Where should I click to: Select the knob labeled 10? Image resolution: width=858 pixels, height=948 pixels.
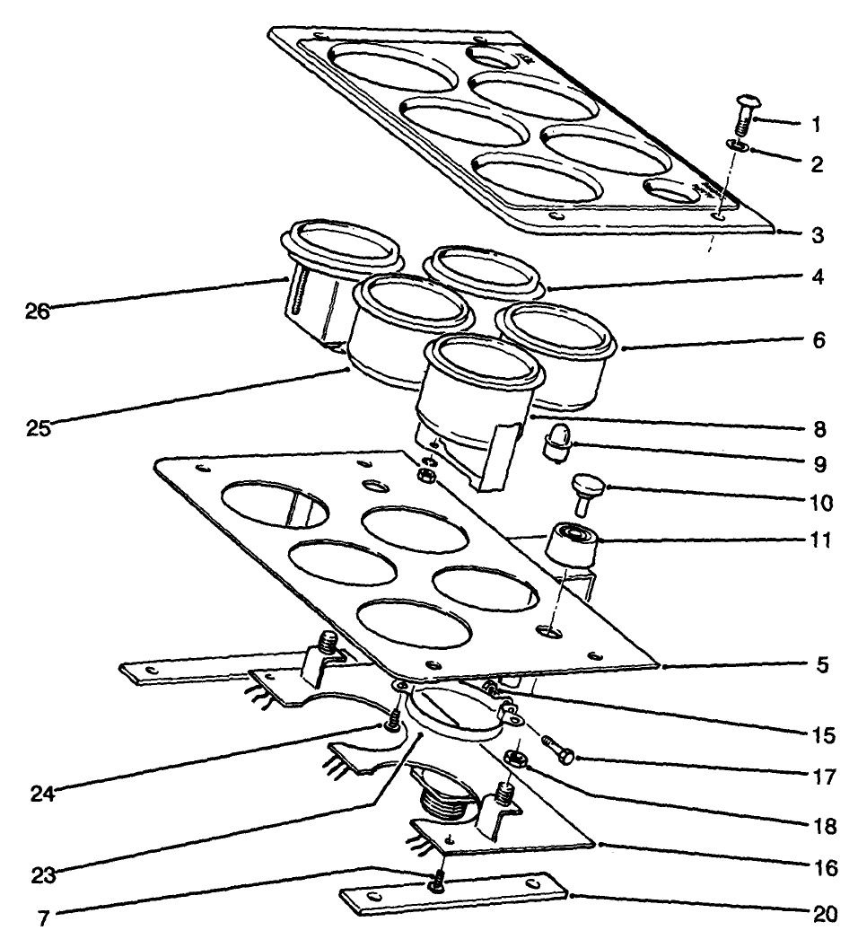coord(588,491)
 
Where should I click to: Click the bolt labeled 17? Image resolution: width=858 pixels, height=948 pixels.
coord(558,750)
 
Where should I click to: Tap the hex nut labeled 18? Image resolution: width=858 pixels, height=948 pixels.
coord(514,758)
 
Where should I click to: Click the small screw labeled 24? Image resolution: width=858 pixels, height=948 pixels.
coord(391,721)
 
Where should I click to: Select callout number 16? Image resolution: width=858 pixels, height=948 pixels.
coord(827,868)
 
